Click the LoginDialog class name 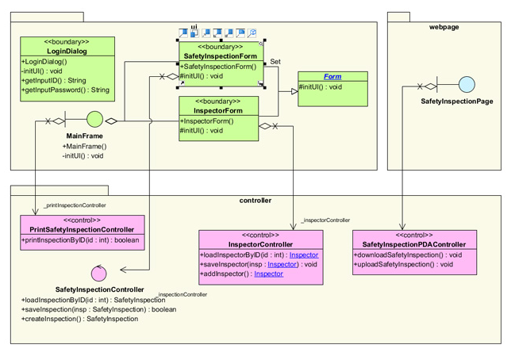(x=67, y=52)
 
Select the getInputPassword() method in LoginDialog (x=66, y=90)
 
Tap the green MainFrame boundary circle (x=94, y=121)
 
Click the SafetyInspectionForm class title (x=220, y=57)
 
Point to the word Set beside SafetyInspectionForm (x=275, y=62)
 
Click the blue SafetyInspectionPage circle (x=467, y=85)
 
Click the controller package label (x=255, y=201)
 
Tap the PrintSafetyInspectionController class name (x=83, y=230)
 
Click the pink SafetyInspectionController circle (x=98, y=274)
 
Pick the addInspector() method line (x=241, y=274)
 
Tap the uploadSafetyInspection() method (x=403, y=265)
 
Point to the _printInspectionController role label (x=74, y=205)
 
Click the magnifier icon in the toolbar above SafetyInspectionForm (x=252, y=33)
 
